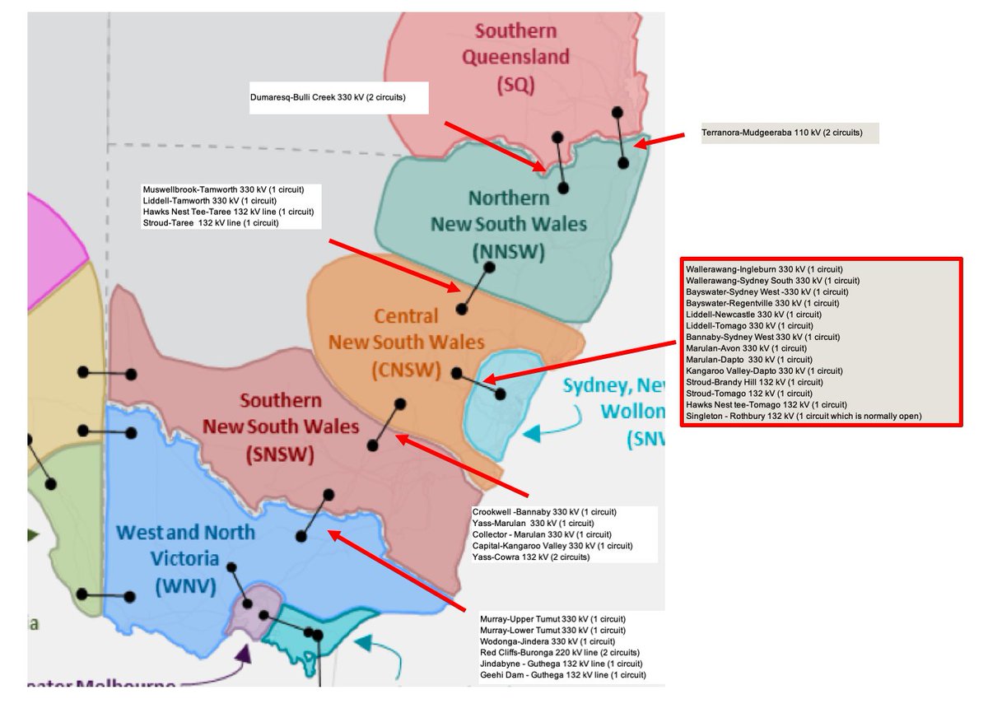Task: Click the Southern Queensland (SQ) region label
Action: (x=515, y=57)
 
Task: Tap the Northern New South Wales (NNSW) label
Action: (x=509, y=225)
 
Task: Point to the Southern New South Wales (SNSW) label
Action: (x=281, y=427)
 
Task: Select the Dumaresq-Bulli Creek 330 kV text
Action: (x=328, y=96)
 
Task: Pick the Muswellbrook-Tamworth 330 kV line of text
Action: (x=210, y=189)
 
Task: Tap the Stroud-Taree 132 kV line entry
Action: (x=211, y=223)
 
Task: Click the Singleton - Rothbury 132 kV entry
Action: (x=803, y=416)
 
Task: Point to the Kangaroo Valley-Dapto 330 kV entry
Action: (x=764, y=370)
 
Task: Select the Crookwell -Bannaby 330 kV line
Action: (x=544, y=512)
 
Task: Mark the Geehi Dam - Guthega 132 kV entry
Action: (x=562, y=675)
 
